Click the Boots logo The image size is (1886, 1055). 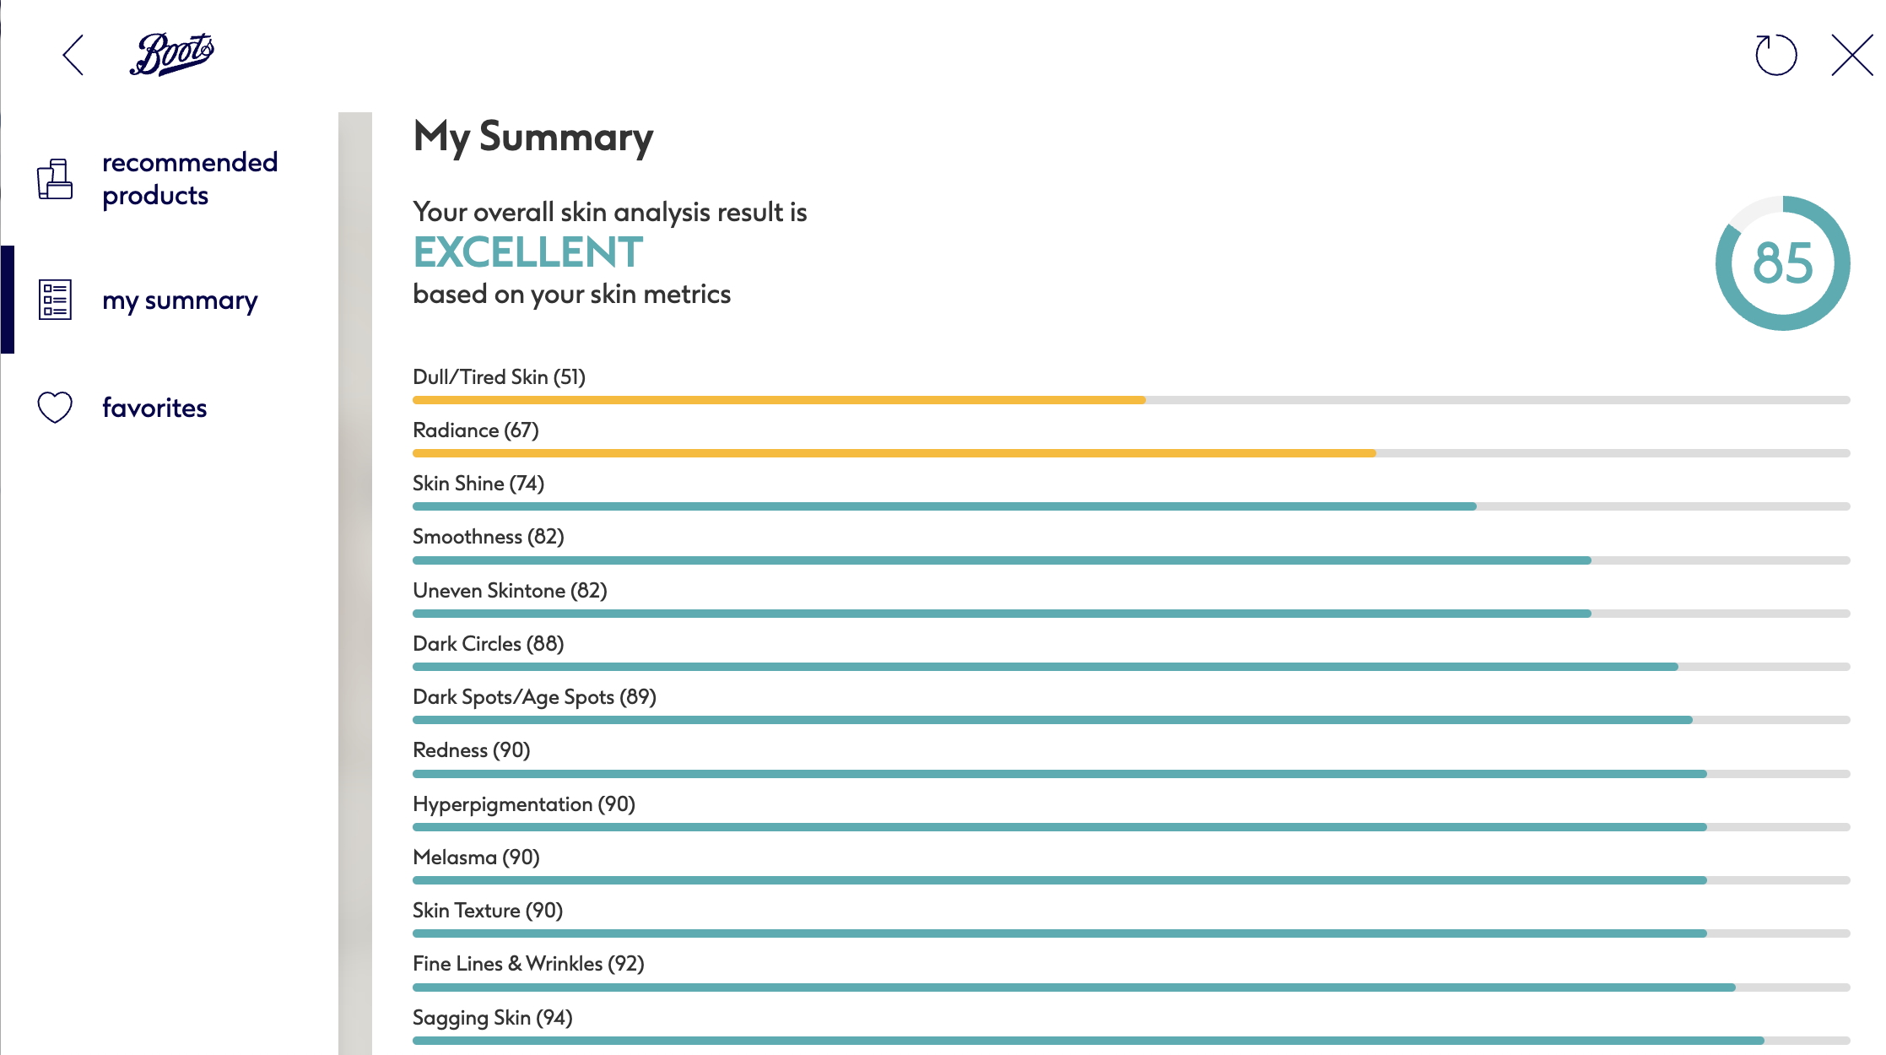pyautogui.click(x=172, y=54)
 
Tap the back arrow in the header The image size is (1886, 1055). pyautogui.click(x=73, y=55)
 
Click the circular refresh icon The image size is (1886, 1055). pyautogui.click(x=1775, y=55)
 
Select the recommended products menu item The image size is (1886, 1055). pyautogui.click(x=189, y=179)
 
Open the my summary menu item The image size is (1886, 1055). pyautogui.click(x=179, y=300)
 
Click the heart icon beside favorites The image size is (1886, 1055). pyautogui.click(x=55, y=408)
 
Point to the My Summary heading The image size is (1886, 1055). pyautogui.click(x=533, y=137)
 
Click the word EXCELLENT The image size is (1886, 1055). pyautogui.click(x=528, y=252)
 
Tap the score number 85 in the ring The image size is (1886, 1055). pyautogui.click(x=1782, y=263)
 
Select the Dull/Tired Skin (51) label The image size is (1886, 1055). pyautogui.click(x=499, y=377)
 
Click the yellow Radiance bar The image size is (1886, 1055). pyautogui.click(x=894, y=453)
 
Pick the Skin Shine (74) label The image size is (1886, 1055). pyautogui.click(x=478, y=484)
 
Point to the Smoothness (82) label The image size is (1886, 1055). pyautogui.click(x=488, y=537)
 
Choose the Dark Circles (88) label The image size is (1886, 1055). pyautogui.click(x=488, y=644)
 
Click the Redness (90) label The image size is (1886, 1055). pyautogui.click(x=471, y=750)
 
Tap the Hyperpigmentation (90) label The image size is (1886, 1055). pyautogui.click(x=523, y=804)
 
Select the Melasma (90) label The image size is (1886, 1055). pyautogui.click(x=476, y=858)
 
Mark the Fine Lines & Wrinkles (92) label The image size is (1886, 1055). pyautogui.click(x=528, y=964)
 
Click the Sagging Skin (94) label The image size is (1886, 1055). pyautogui.click(x=492, y=1018)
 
